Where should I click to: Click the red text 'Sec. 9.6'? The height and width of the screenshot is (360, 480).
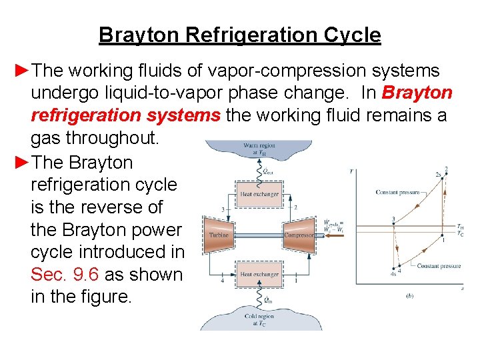pyautogui.click(x=64, y=274)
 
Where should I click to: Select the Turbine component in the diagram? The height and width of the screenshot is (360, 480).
pyautogui.click(x=219, y=234)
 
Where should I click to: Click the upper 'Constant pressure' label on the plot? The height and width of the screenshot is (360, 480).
pyautogui.click(x=398, y=193)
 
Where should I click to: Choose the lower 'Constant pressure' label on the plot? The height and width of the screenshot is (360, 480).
pyautogui.click(x=439, y=266)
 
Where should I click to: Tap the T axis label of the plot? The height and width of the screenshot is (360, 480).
pyautogui.click(x=351, y=171)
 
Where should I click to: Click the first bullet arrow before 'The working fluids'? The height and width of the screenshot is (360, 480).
pyautogui.click(x=23, y=71)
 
